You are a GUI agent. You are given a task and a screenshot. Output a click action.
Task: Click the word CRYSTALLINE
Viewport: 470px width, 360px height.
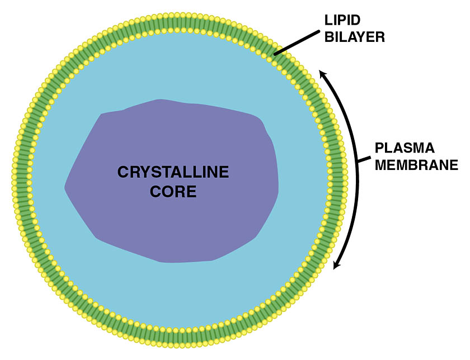pyautogui.click(x=173, y=172)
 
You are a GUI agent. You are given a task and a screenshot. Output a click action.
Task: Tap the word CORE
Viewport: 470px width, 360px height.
pyautogui.click(x=173, y=192)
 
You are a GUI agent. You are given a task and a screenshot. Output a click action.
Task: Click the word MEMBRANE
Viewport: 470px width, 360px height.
pyautogui.click(x=416, y=165)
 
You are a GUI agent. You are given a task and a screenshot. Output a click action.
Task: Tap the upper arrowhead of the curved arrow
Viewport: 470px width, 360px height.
pyautogui.click(x=321, y=73)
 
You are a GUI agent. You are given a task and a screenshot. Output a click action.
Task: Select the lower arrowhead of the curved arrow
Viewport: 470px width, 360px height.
pyautogui.click(x=335, y=266)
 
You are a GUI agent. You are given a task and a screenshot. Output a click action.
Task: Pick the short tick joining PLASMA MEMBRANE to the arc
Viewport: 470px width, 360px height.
pyautogui.click(x=363, y=161)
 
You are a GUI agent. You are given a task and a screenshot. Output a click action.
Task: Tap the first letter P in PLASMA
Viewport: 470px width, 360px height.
pyautogui.click(x=379, y=149)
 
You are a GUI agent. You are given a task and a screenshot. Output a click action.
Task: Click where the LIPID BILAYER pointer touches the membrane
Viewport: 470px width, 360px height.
pyautogui.click(x=275, y=54)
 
